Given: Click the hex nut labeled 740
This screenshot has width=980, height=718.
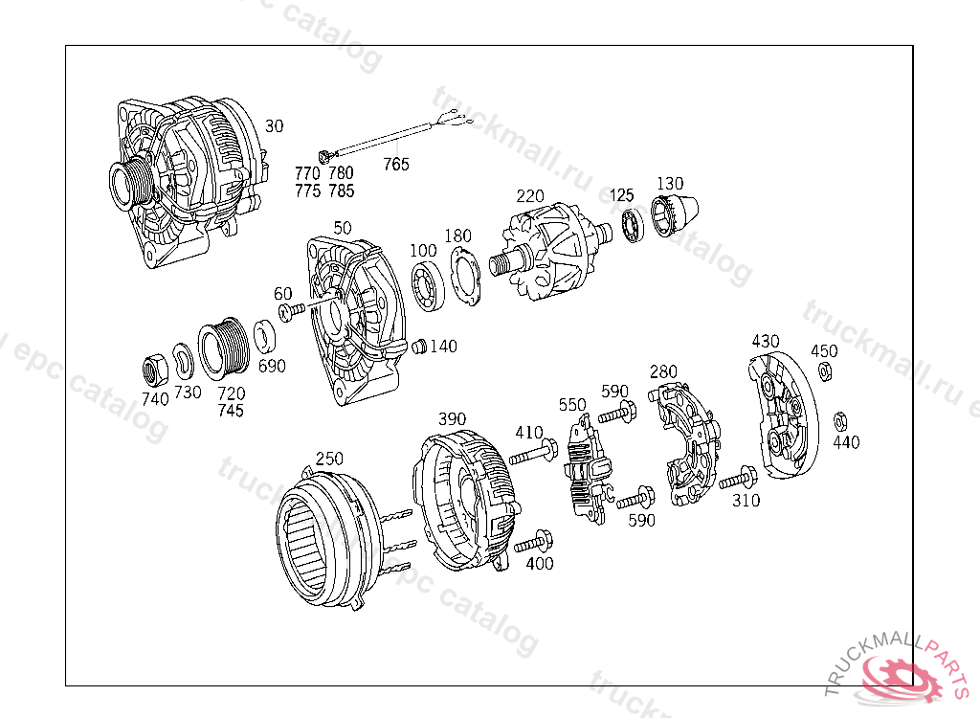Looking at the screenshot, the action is pos(155,370).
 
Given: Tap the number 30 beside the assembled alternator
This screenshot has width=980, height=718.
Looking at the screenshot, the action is pos(275,126).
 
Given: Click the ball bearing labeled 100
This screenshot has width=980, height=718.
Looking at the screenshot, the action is pos(428,287).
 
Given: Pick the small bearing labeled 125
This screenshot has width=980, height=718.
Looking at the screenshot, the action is pos(633,225).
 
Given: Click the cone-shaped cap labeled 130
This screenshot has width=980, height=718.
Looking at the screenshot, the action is pos(674,215).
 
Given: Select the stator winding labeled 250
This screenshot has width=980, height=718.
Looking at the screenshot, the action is pos(328,540).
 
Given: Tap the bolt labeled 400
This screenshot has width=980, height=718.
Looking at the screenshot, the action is pos(533,541).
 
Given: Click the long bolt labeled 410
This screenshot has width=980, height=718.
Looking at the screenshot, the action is pos(533,453).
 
